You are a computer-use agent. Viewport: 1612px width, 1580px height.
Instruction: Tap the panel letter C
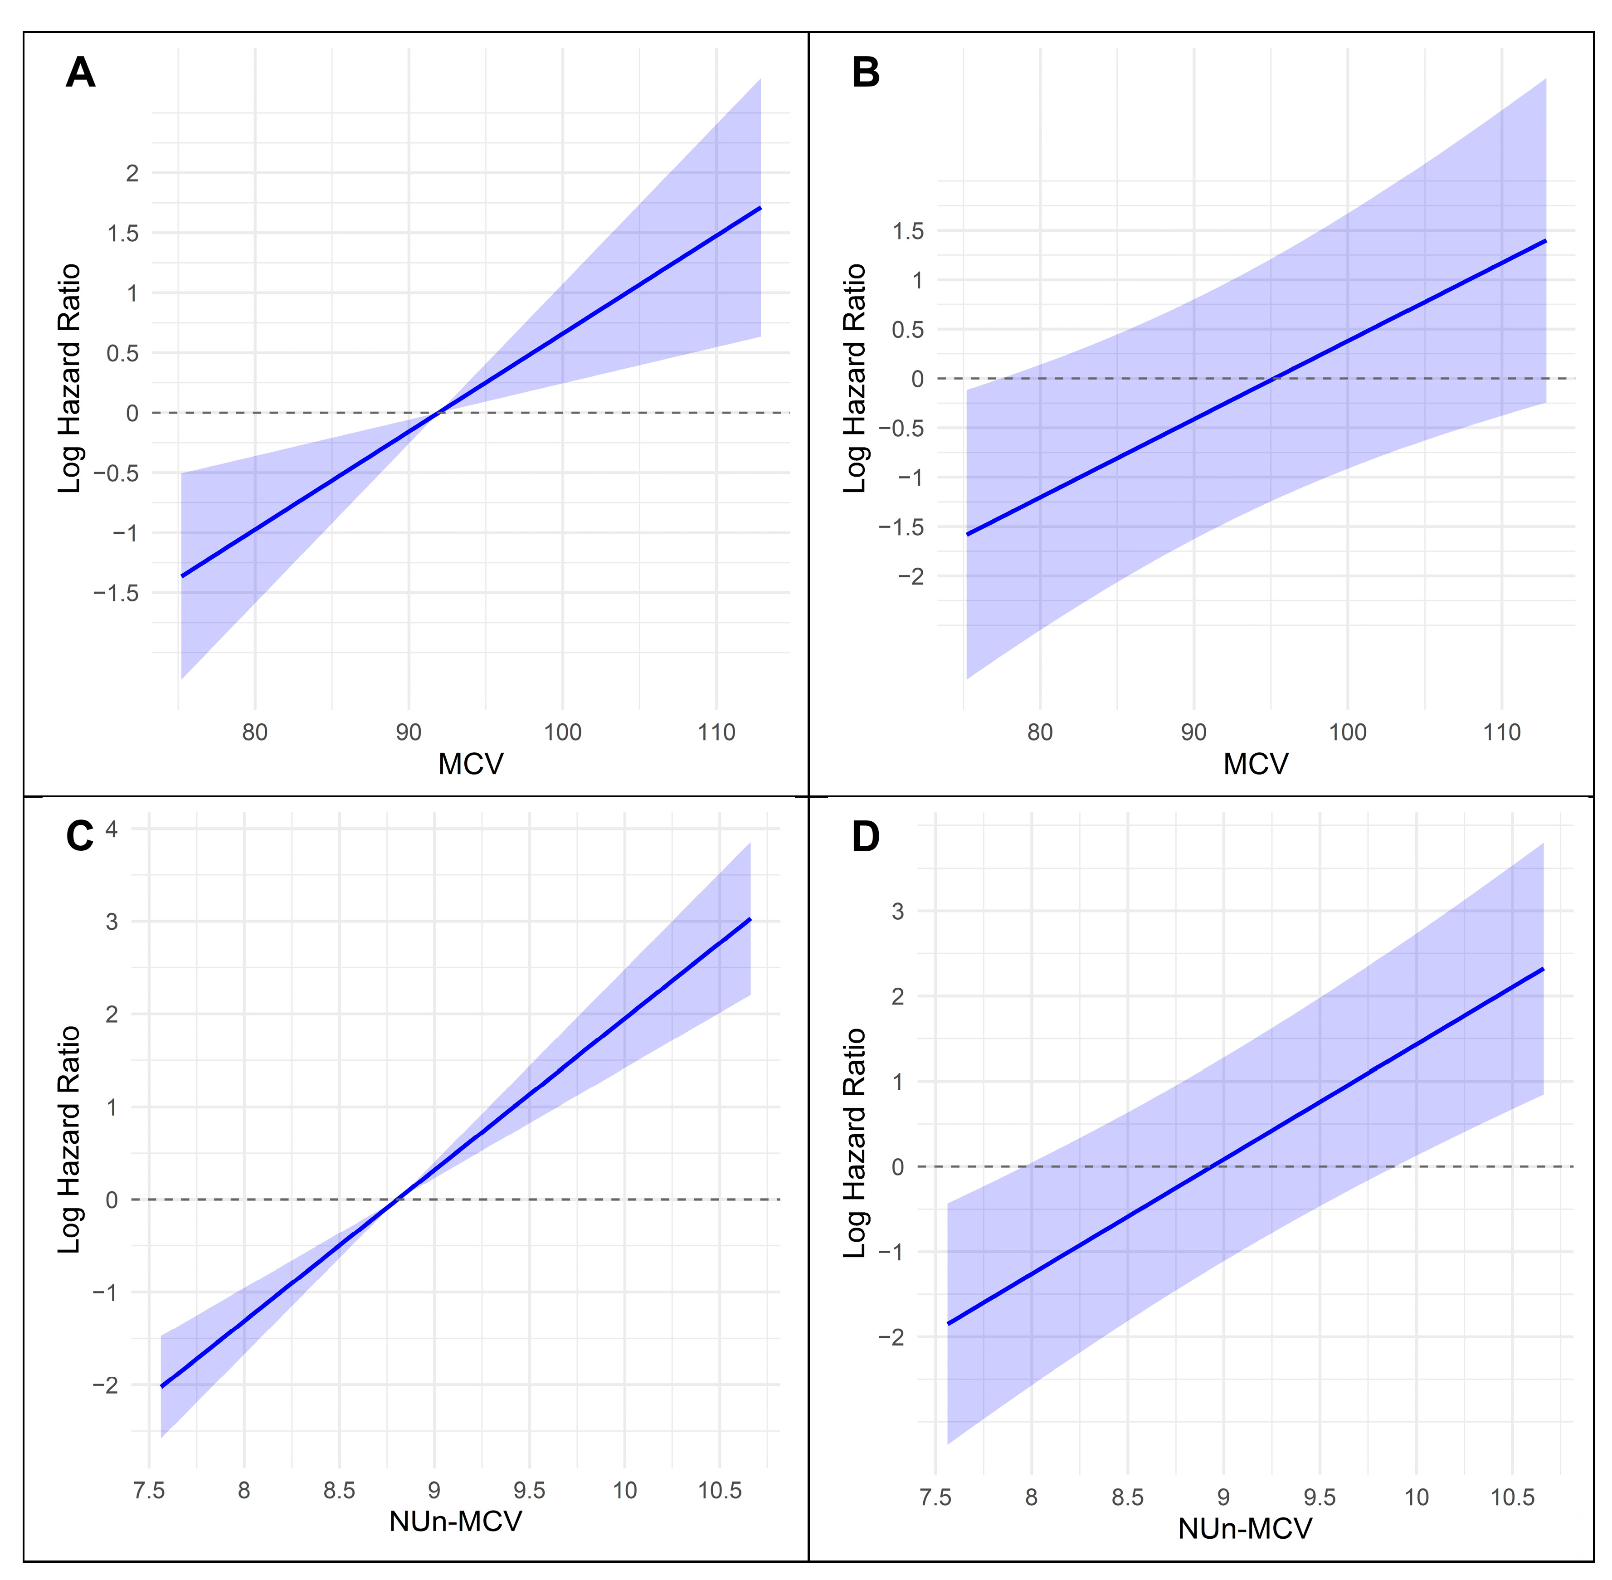pos(80,836)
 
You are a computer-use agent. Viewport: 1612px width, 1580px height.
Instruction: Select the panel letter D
pos(865,836)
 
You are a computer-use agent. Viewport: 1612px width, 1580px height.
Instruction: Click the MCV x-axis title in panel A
pos(470,763)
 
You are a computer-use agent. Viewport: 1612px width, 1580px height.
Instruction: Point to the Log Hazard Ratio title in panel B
pos(855,378)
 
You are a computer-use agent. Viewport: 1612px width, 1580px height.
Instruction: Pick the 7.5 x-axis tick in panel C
pos(149,1490)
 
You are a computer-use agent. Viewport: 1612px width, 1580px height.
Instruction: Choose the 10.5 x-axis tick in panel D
pos(1512,1497)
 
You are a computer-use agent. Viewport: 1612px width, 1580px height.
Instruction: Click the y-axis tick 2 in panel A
pos(132,173)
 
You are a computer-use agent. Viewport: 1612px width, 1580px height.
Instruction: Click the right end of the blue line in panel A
pos(760,207)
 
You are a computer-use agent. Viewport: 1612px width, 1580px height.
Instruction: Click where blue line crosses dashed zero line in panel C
pos(397,1199)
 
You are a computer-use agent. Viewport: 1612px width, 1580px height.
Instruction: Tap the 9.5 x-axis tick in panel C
pos(529,1490)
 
